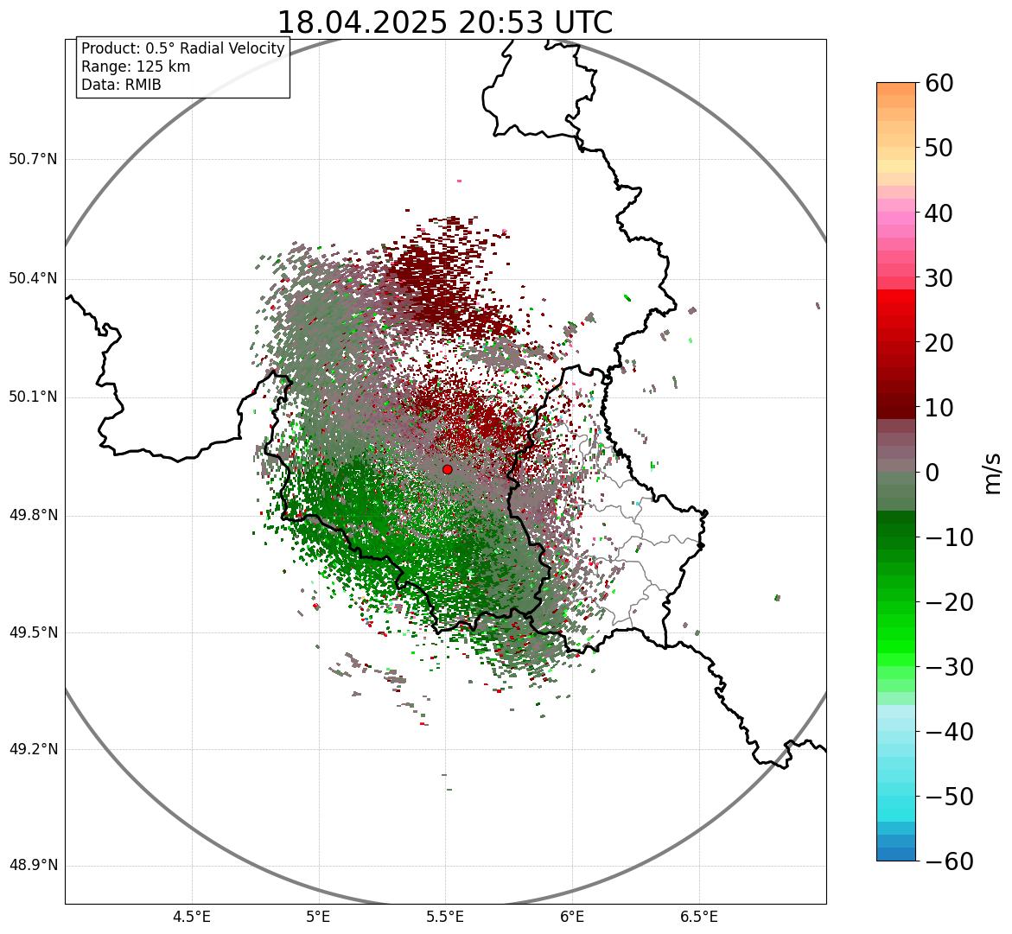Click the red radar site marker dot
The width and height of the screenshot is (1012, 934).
(447, 469)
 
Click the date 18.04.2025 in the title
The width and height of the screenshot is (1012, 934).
(361, 23)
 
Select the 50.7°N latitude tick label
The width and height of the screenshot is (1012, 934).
(33, 159)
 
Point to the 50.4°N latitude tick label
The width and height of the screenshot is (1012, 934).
(33, 278)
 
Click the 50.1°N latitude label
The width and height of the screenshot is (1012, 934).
(33, 397)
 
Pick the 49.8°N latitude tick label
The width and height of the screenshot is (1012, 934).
(33, 516)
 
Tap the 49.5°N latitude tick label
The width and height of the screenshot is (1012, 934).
(33, 632)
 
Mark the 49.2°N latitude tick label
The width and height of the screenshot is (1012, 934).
(33, 749)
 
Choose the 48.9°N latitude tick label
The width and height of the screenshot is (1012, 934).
(33, 866)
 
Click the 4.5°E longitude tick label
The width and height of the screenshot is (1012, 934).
(192, 917)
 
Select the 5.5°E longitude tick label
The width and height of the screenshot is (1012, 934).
(445, 917)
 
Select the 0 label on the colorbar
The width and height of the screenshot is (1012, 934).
(932, 473)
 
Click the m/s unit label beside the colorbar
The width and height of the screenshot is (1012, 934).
(993, 473)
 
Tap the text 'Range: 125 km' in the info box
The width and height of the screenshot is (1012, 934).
(136, 67)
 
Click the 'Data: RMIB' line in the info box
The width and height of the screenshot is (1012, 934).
(121, 85)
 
